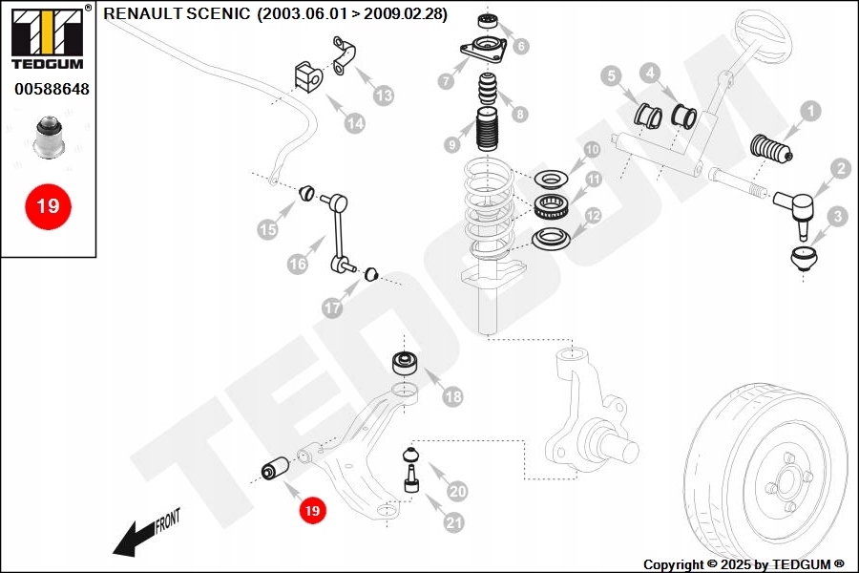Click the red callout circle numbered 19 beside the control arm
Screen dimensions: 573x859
(312, 511)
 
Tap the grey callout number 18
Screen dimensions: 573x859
(452, 395)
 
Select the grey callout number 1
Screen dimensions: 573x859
(809, 112)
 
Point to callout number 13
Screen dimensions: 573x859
(384, 95)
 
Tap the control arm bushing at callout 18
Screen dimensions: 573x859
(408, 363)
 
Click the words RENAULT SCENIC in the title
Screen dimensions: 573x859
(178, 14)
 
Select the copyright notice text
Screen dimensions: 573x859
(744, 564)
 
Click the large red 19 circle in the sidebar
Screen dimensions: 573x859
(48, 205)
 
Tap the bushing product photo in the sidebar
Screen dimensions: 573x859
(48, 137)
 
